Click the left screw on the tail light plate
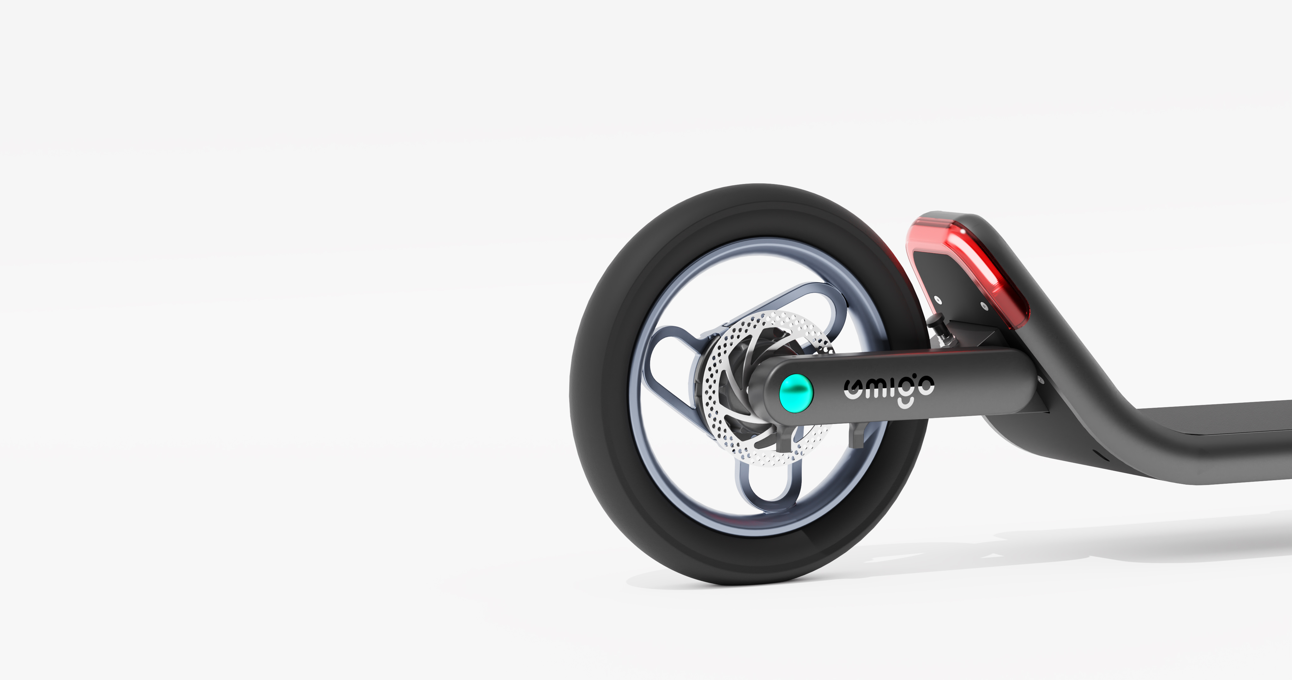click(x=938, y=300)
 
